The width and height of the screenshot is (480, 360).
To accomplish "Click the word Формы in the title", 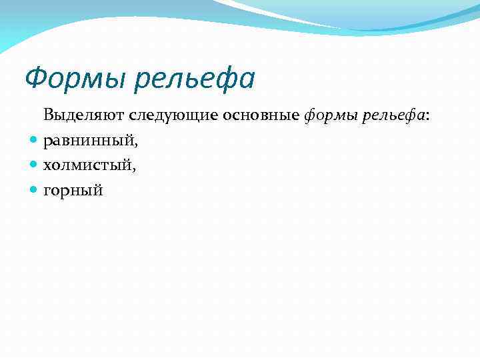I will tap(75, 79).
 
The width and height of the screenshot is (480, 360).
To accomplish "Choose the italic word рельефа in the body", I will tap(393, 116).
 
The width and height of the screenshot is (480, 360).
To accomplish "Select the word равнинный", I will tap(87, 141).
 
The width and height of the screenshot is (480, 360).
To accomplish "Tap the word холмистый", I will tap(87, 165).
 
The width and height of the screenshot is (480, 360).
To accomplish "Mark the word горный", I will tap(73, 191).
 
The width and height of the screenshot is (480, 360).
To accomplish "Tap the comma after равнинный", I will tap(135, 145).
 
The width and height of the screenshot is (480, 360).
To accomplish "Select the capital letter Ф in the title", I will tap(35, 79).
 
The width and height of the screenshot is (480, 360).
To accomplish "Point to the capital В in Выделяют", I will tap(49, 115).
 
